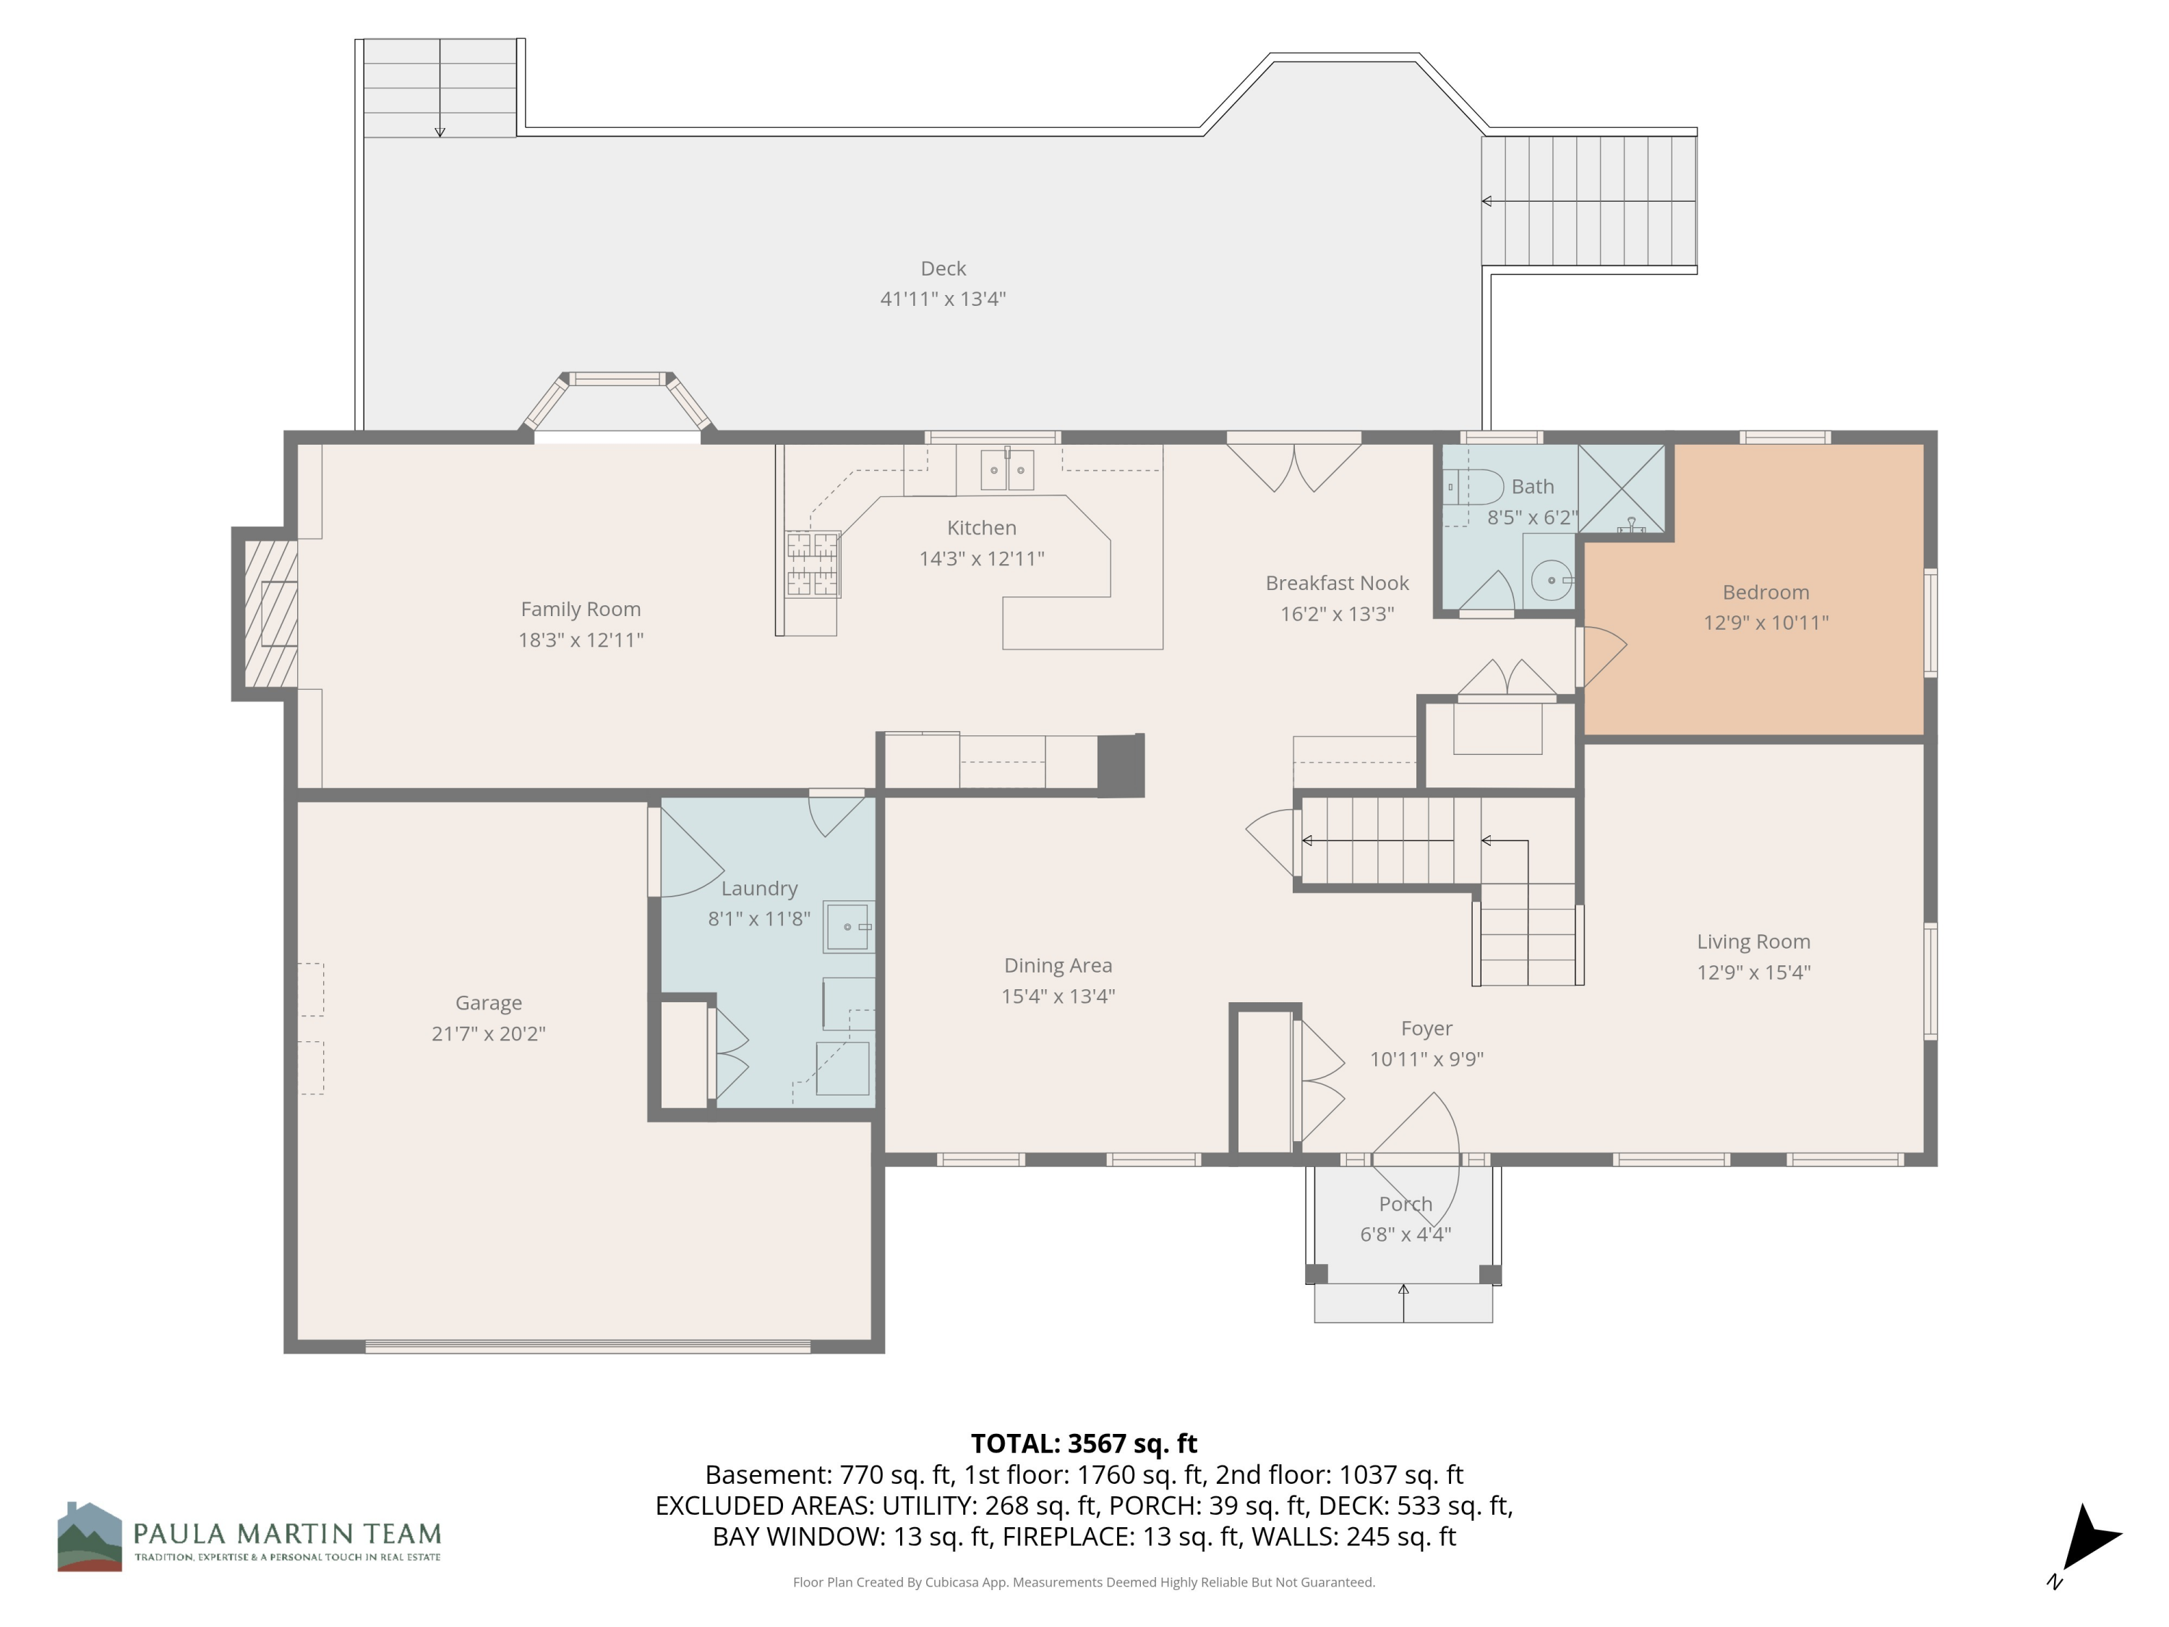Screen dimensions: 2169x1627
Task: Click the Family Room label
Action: pos(581,609)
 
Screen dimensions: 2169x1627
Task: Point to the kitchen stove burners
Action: pos(813,564)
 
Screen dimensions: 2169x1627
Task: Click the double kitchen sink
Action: pos(1007,470)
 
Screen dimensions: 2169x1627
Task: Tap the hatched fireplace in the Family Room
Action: pos(270,614)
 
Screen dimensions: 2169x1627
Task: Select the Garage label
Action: pos(488,1002)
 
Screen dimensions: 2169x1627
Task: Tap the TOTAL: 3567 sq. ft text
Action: pos(1084,1443)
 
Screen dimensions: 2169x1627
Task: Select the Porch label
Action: pos(1405,1203)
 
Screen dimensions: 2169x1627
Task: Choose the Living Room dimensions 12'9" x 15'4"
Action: pos(1753,972)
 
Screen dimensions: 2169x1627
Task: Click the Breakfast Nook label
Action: pos(1337,583)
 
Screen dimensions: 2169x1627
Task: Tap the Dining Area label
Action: pos(1058,965)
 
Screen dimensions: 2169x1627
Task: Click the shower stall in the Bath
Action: pos(1621,488)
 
